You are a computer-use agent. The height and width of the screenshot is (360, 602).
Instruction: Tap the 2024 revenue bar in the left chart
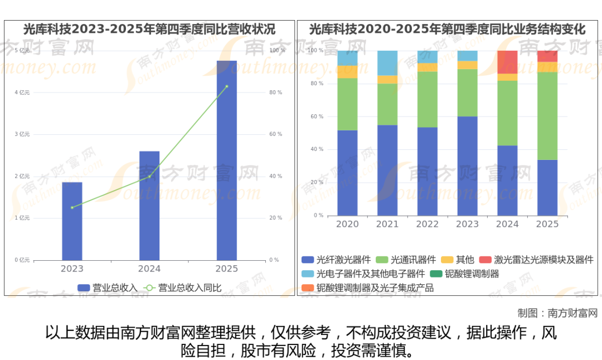point(149,206)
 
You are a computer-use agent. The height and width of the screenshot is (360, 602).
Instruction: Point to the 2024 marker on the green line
point(149,177)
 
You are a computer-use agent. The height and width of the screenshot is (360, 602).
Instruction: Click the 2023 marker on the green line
point(72,207)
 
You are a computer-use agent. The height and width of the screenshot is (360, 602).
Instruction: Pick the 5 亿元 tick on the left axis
point(22,51)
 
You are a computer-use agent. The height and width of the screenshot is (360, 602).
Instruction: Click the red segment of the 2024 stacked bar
point(507,62)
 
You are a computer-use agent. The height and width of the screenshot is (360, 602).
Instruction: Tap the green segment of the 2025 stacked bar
point(547,116)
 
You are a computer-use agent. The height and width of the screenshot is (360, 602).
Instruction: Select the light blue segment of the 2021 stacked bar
point(387,63)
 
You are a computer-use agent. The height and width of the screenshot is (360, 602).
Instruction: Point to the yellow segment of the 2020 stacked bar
point(347,72)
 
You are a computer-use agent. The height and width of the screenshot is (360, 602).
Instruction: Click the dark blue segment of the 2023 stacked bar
point(467,166)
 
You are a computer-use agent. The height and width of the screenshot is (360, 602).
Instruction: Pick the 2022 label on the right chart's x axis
point(428,224)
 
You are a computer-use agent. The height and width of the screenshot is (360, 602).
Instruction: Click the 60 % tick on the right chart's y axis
point(317,116)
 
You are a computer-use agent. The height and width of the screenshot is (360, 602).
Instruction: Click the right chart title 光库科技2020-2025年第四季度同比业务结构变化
point(448,29)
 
